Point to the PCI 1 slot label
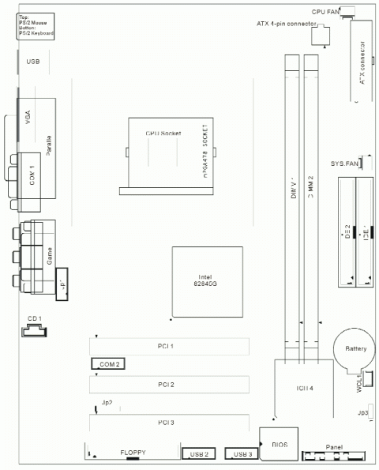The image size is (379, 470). tap(165, 347)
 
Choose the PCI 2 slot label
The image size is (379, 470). tap(165, 385)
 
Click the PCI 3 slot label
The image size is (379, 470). tap(165, 423)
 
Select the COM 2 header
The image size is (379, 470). tap(109, 364)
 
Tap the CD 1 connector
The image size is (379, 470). tap(34, 318)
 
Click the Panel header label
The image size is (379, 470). tap(334, 446)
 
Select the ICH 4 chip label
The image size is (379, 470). tap(306, 389)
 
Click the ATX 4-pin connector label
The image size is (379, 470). tap(287, 24)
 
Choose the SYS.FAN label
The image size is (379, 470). tap(344, 164)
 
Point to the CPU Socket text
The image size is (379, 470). tap(163, 135)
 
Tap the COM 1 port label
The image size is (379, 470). tap(32, 176)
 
